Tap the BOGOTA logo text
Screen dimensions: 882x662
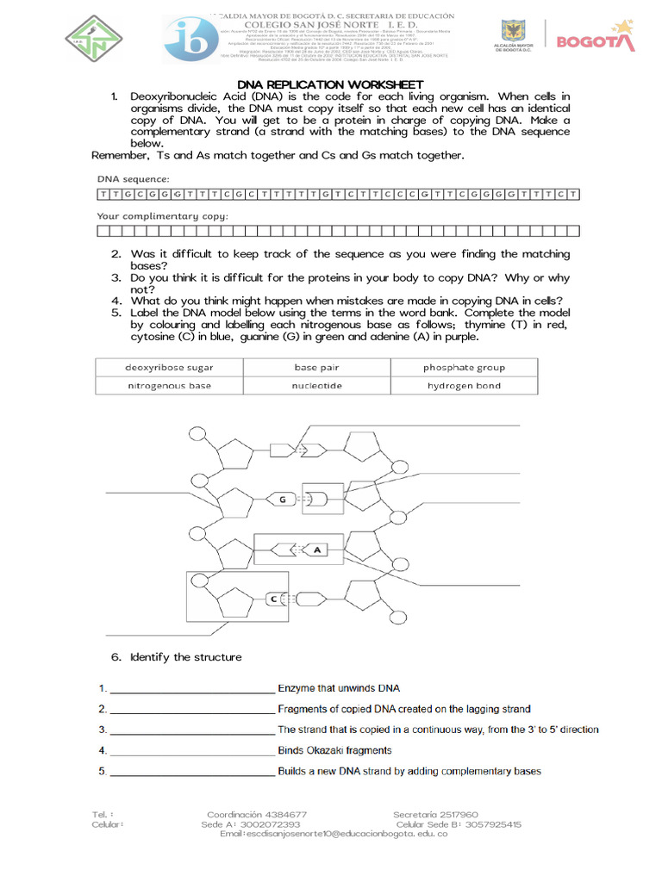tap(596, 41)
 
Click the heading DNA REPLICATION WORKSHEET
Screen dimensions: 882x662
tap(330, 84)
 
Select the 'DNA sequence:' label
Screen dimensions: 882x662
tap(133, 178)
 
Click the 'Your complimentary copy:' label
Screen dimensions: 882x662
tap(162, 216)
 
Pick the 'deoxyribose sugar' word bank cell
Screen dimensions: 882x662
tap(169, 368)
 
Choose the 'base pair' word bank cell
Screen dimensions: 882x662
tap(316, 368)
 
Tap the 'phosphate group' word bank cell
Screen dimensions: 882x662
tap(464, 368)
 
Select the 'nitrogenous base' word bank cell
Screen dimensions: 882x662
tap(169, 386)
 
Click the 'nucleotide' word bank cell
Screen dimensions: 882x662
tap(316, 386)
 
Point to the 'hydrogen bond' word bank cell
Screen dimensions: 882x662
tap(464, 386)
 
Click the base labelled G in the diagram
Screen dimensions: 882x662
tap(283, 500)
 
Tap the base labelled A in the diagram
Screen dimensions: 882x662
tap(316, 549)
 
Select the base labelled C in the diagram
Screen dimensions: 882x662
tap(273, 598)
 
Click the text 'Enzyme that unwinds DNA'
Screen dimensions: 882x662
tap(339, 688)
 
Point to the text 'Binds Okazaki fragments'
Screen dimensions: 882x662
tap(334, 750)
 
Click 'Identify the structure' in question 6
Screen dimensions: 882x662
tap(185, 657)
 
